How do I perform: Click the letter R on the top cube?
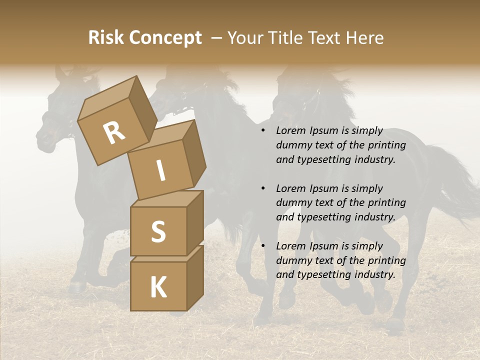(114, 133)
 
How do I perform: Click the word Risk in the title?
(106, 37)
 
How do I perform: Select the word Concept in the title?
(165, 38)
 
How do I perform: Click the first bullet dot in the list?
(263, 131)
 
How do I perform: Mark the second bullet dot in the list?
(263, 189)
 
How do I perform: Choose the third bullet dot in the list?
(263, 246)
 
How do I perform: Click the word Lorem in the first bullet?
(290, 131)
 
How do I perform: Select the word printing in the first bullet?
(387, 145)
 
